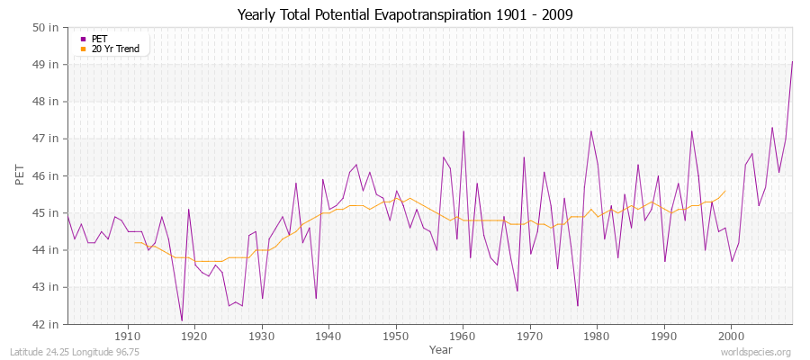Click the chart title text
tap(404, 15)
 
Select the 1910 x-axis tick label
tap(127, 336)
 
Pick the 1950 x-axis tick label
tap(395, 336)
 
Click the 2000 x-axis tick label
tap(731, 336)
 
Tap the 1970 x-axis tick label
tap(529, 336)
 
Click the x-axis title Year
tap(441, 348)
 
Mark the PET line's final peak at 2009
tap(792, 61)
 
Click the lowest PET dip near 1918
tap(181, 320)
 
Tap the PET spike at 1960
tap(463, 131)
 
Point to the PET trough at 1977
tap(578, 306)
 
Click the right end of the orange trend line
tap(724, 191)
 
